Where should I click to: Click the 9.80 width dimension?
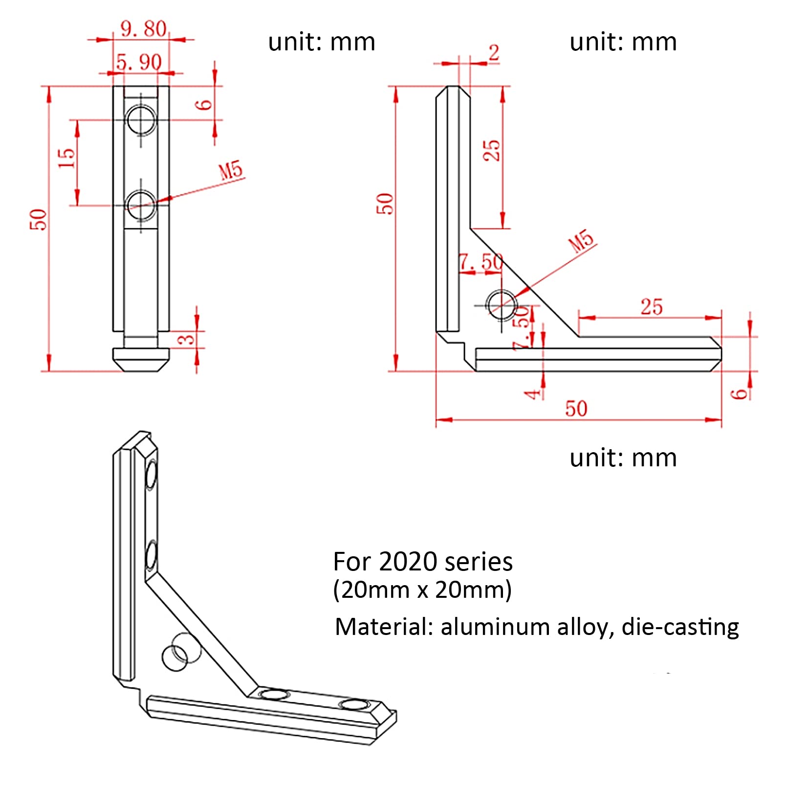[143, 29]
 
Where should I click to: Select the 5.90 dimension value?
[139, 62]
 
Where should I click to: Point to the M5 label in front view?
[230, 171]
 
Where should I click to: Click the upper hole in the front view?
[141, 119]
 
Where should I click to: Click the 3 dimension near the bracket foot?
[187, 339]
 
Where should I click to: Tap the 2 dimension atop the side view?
[494, 53]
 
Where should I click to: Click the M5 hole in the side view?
[502, 305]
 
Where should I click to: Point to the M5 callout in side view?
[581, 240]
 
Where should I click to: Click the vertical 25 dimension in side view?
[492, 150]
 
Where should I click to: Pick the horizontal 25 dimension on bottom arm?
[651, 307]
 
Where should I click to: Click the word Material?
[383, 627]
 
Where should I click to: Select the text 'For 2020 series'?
[422, 562]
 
